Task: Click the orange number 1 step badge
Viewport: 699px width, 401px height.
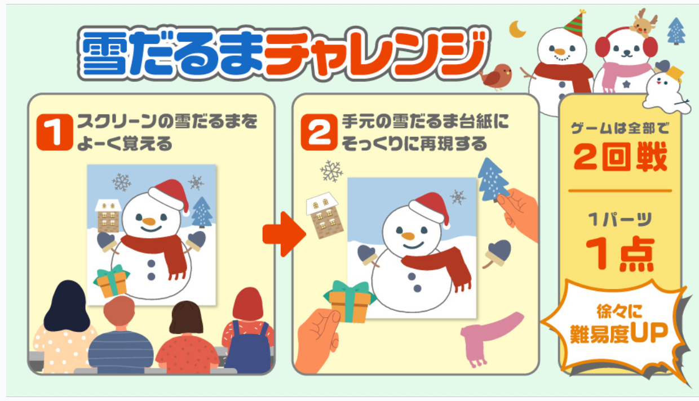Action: pyautogui.click(x=55, y=132)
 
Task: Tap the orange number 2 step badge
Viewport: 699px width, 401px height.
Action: pyautogui.click(x=319, y=132)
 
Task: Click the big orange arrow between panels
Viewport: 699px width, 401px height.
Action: pyautogui.click(x=284, y=234)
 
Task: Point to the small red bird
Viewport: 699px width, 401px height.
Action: pyautogui.click(x=496, y=77)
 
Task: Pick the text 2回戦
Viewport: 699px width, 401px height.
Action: pyautogui.click(x=620, y=156)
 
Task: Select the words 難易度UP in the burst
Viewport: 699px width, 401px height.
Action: pyautogui.click(x=619, y=333)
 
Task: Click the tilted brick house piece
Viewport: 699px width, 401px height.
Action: pyautogui.click(x=325, y=216)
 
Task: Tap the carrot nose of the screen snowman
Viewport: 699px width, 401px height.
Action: pyautogui.click(x=149, y=221)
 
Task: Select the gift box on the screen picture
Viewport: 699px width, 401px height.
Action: pyautogui.click(x=112, y=280)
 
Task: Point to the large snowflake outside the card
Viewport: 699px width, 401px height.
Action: pyautogui.click(x=331, y=171)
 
